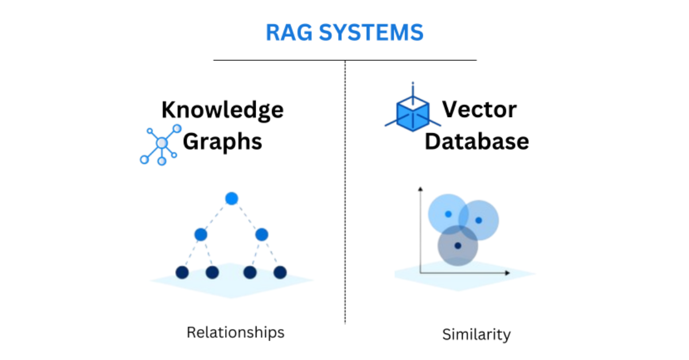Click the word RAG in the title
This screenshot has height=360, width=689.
tap(291, 33)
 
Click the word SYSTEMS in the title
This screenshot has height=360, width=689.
tap(371, 33)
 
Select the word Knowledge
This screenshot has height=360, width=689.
tap(222, 109)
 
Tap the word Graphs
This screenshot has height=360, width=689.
tap(222, 141)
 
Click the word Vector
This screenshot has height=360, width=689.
tap(479, 109)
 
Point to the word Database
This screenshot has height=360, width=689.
tap(477, 141)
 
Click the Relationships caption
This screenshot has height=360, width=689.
tap(235, 332)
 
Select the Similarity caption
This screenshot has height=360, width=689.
tap(476, 334)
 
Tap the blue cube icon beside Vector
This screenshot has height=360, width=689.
tap(412, 111)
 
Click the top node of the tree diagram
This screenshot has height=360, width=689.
tap(231, 199)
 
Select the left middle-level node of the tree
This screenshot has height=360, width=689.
tap(200, 234)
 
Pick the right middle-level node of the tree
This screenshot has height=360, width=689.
tap(262, 234)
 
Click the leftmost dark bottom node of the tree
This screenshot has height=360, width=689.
tap(182, 272)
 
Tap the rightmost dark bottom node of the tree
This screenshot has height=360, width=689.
tap(280, 272)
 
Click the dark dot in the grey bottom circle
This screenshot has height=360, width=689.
tap(458, 246)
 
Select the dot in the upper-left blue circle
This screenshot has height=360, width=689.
tap(448, 214)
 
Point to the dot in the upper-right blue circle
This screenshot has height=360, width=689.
tap(478, 220)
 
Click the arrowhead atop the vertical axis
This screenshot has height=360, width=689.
tap(421, 189)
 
